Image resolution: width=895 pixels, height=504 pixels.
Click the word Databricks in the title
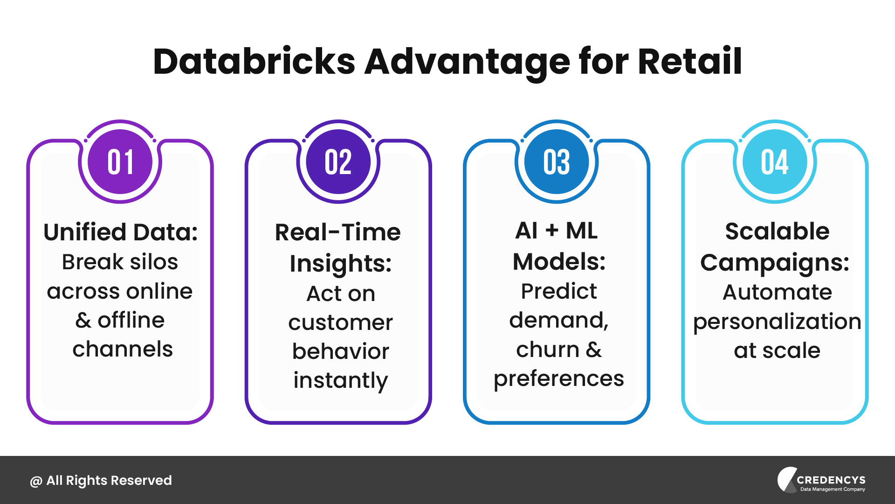point(254,62)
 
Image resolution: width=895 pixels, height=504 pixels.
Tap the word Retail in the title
point(689,62)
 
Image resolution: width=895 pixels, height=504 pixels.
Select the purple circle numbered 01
point(120,162)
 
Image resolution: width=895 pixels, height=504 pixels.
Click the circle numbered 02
point(338,162)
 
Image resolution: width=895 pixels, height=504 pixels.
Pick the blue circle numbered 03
point(557,162)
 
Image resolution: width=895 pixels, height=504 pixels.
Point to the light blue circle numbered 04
point(775,162)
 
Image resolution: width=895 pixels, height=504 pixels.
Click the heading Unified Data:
point(120,232)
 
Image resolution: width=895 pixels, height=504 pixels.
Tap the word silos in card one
point(154,262)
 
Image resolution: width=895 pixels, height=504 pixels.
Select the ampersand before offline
point(83,321)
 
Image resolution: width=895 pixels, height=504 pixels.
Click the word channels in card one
point(123,349)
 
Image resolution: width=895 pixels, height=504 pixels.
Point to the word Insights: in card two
point(340,264)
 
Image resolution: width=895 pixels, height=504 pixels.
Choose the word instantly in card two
point(340,380)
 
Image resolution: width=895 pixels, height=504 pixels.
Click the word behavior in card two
point(340,351)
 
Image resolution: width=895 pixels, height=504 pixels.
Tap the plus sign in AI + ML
point(552,231)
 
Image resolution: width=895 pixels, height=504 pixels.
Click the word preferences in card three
point(558,378)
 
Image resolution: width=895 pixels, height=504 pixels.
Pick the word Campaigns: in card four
point(775,263)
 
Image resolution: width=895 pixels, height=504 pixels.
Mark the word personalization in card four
point(777,322)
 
